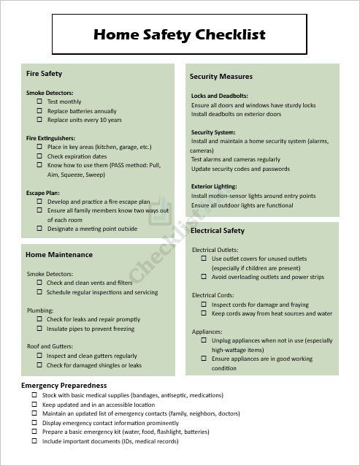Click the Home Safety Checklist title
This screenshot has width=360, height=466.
click(180, 34)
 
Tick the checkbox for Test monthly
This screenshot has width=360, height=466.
click(39, 102)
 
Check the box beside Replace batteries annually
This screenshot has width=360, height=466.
click(39, 111)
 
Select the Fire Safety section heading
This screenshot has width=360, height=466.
click(44, 74)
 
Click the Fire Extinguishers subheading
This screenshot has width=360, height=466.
click(49, 137)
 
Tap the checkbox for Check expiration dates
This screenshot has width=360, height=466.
click(39, 156)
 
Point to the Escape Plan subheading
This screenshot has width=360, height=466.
click(42, 193)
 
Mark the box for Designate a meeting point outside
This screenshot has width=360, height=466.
click(39, 229)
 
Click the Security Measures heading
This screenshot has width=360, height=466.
click(221, 76)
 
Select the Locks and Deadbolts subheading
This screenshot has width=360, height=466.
click(219, 96)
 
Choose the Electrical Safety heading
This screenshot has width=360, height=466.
click(217, 231)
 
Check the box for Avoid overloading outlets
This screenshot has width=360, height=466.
click(204, 277)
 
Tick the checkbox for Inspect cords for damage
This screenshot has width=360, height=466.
click(204, 305)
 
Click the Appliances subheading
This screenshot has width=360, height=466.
click(208, 331)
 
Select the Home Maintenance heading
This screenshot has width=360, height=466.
click(58, 255)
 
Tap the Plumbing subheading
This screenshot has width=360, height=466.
click(40, 310)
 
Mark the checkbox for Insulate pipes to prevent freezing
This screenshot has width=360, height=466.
click(39, 329)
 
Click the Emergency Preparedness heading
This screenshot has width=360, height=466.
click(64, 385)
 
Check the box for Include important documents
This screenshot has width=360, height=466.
click(34, 441)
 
